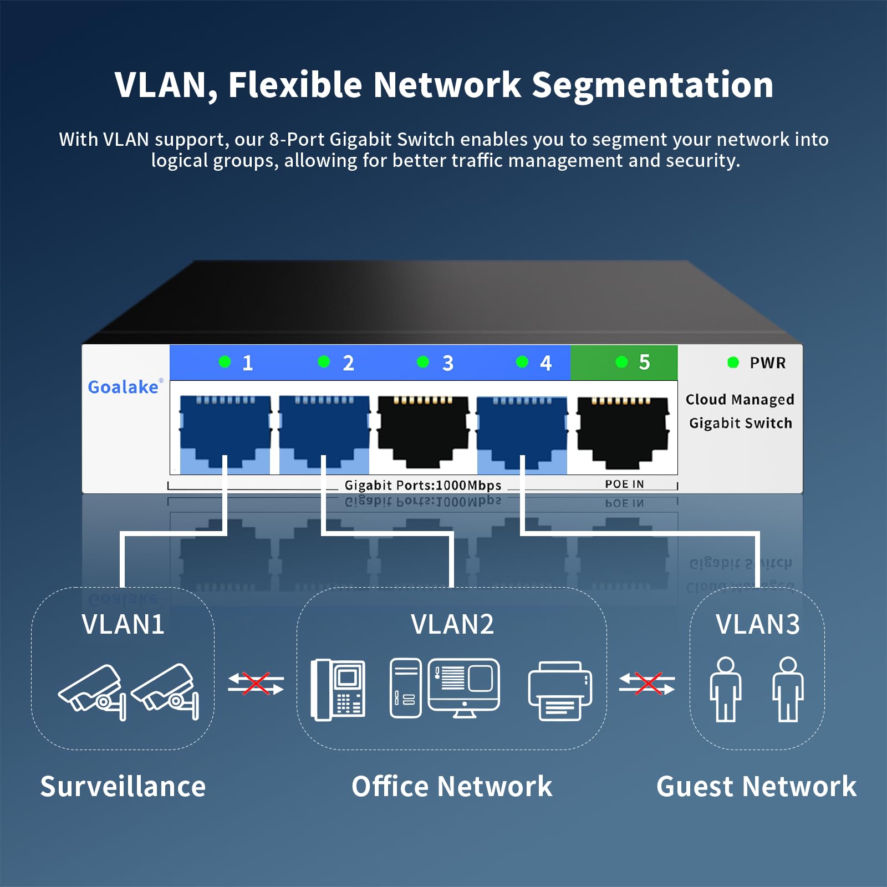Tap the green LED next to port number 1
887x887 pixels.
coord(225,362)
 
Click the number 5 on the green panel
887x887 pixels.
coord(644,362)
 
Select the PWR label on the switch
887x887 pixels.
coord(767,363)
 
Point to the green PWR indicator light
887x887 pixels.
coord(733,363)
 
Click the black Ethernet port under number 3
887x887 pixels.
coord(423,430)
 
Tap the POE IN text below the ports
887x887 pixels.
coord(624,484)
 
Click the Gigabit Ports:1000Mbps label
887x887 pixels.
coord(422,485)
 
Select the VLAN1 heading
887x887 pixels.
coord(123,624)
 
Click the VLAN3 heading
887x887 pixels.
coord(757,624)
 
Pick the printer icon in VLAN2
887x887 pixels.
coord(560,690)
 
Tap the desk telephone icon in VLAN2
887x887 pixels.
coord(338,690)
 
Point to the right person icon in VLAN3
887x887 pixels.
coord(788,689)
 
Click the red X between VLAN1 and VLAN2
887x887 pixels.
coord(256,683)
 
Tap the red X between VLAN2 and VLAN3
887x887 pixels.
coord(648,683)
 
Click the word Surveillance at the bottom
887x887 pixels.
coord(123,786)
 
